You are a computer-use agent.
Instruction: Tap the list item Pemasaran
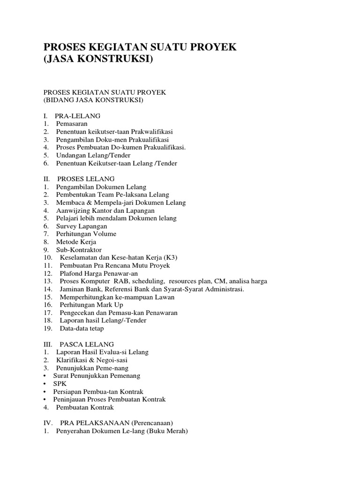click(72, 123)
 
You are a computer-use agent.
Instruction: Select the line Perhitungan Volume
click(86, 234)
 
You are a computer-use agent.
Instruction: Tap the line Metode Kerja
click(76, 242)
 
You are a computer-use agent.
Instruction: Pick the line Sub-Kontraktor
click(79, 250)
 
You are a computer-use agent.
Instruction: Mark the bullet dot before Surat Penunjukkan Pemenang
click(45, 376)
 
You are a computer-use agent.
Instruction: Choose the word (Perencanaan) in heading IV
click(152, 423)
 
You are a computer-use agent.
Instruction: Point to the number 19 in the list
click(47, 329)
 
